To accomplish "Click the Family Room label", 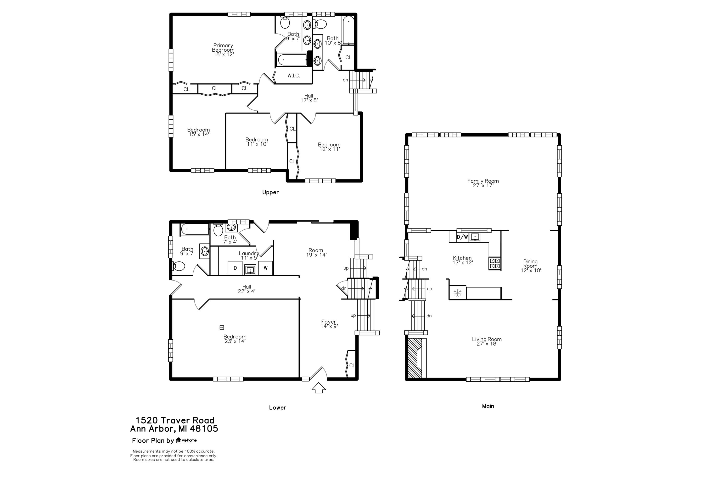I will pos(483,183).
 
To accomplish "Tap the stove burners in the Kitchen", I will pos(494,263).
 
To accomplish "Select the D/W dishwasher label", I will pos(462,237).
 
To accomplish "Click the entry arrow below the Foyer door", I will pos(318,388).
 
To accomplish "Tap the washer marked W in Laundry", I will pos(265,268).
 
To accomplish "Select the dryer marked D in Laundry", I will pos(235,268).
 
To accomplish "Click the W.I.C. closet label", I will pos(293,76).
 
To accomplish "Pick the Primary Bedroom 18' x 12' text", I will pos(223,50).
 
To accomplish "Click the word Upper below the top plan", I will pos(270,192).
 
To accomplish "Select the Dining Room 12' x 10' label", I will pos(531,266).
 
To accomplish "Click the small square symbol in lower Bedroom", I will pos(222,327).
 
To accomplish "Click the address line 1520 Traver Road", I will pos(175,420).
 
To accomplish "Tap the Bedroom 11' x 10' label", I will pos(257,142).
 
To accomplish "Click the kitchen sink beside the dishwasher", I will pos(475,237).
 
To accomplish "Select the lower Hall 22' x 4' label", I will pos(247,289).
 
